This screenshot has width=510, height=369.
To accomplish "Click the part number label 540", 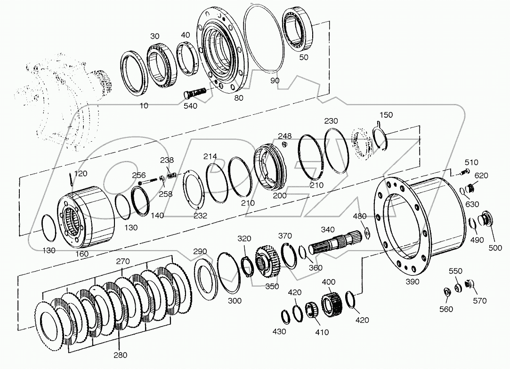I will (191, 106).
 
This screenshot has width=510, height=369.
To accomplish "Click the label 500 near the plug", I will (495, 248).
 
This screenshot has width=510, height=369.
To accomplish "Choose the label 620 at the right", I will (481, 176).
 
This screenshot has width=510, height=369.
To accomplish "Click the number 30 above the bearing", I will (155, 36).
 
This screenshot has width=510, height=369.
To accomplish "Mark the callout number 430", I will (279, 331).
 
